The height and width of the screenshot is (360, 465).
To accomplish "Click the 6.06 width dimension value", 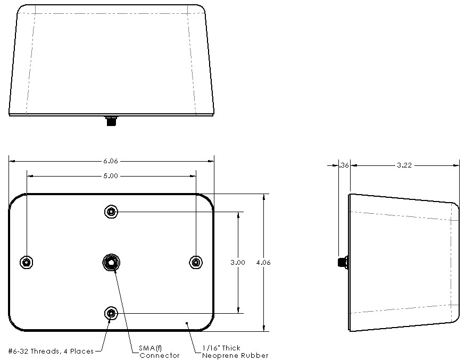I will click(111, 160).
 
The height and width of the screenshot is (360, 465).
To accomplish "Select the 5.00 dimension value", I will click(111, 175).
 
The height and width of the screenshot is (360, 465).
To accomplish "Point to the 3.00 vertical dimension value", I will click(238, 263).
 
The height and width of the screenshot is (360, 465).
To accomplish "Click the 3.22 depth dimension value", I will click(404, 165).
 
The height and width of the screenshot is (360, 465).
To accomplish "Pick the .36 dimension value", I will click(344, 165).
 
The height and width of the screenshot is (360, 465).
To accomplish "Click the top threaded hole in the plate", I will click(111, 212).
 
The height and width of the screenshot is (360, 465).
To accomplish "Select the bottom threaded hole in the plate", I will click(111, 314).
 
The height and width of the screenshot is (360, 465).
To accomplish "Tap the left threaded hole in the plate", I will click(26, 262).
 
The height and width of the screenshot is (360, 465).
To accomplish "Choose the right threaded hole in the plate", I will click(196, 262).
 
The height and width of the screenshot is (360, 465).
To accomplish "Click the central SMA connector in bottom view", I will click(111, 262).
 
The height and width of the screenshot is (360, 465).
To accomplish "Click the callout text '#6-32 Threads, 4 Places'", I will click(51, 351).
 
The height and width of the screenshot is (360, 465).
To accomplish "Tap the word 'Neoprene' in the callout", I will click(219, 355).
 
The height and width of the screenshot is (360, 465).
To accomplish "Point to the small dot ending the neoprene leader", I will click(187, 322).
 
